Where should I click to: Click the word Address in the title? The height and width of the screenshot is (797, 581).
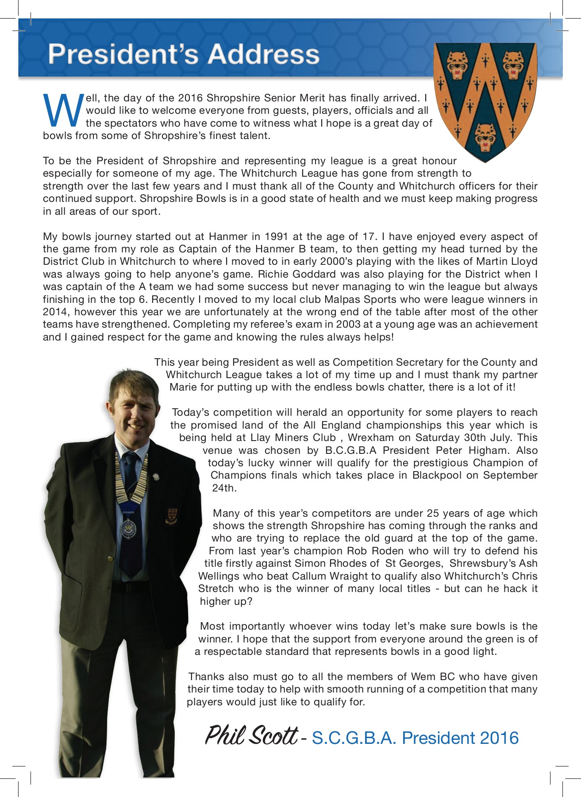coord(264,54)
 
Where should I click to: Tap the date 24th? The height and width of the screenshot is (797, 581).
coord(224,488)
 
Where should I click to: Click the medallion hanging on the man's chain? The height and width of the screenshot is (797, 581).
coord(128,528)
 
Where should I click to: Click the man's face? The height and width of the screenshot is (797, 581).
coord(133,410)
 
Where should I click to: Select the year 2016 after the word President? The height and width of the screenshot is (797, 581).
coord(500,738)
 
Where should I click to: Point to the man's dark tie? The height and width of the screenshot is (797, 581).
coord(131,549)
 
